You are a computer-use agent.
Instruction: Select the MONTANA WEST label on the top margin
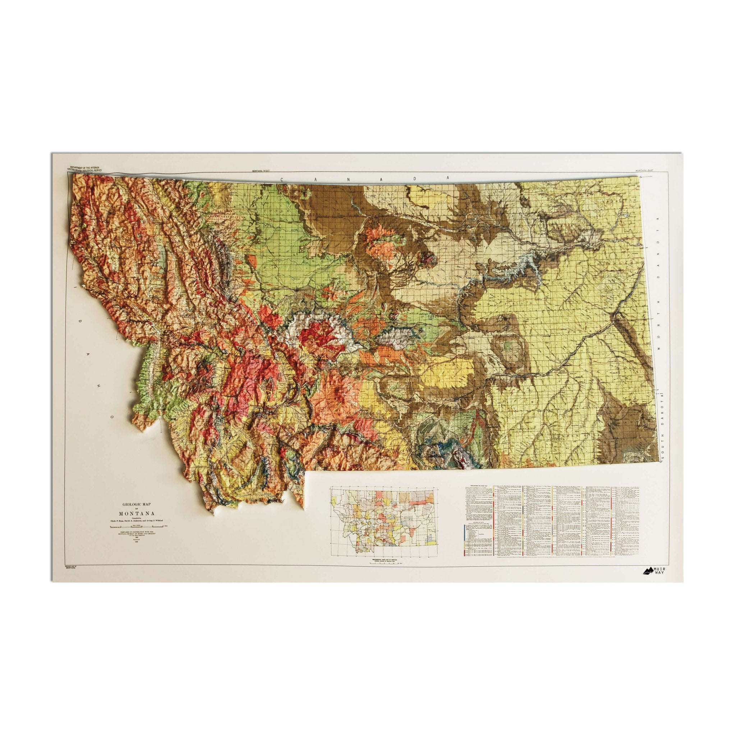258,171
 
